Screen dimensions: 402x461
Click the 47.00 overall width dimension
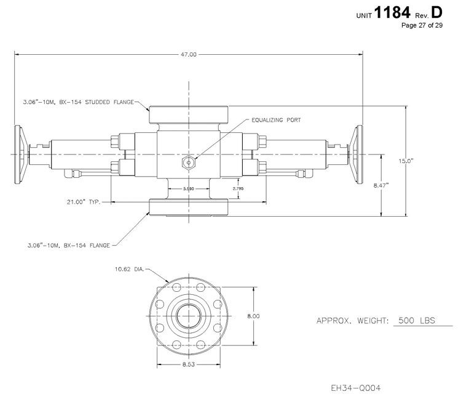point(189,55)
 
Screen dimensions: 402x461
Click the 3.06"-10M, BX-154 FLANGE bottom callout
point(69,245)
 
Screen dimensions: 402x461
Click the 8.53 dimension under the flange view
point(189,365)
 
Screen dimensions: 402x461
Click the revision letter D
point(436,11)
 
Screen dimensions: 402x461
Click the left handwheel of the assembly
point(20,154)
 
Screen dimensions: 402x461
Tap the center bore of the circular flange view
point(189,316)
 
